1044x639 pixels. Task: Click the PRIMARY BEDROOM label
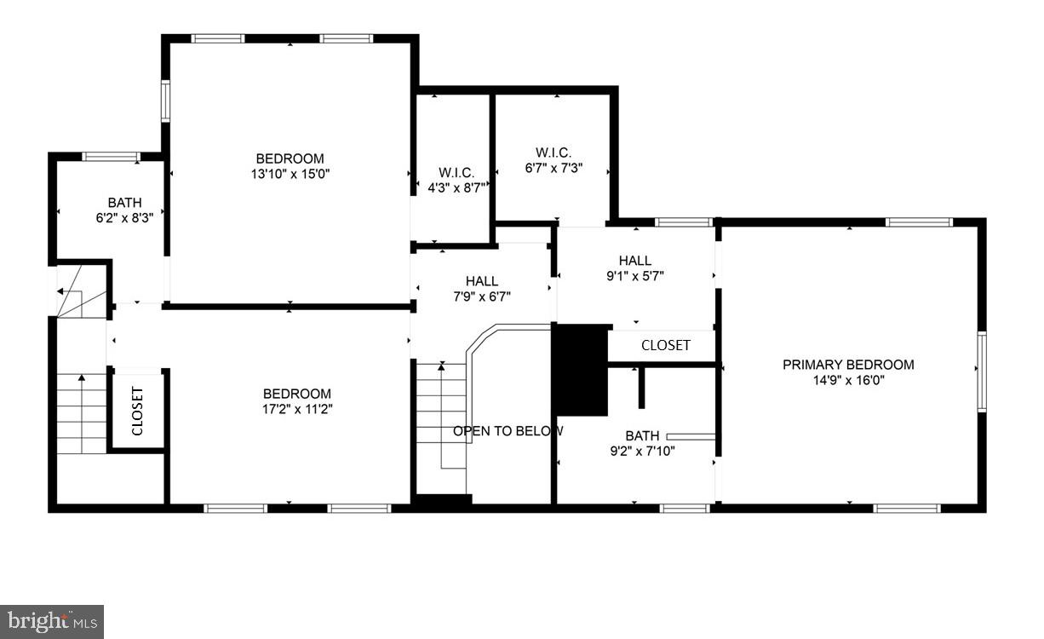(x=848, y=365)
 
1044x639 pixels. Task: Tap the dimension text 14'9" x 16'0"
(x=848, y=381)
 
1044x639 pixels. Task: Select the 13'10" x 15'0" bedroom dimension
(x=290, y=174)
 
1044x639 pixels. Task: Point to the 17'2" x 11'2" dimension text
(x=296, y=409)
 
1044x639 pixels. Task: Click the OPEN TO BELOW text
(x=508, y=431)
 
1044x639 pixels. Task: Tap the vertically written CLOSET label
(x=137, y=411)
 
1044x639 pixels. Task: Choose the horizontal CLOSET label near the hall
(x=665, y=346)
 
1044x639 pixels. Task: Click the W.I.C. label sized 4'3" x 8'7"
(x=456, y=172)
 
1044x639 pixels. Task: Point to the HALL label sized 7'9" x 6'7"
(x=482, y=281)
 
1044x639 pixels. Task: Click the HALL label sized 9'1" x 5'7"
(x=635, y=261)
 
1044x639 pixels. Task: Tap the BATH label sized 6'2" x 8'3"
(x=124, y=203)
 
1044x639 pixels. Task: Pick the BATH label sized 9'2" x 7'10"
(x=642, y=435)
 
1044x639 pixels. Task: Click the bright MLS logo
(x=51, y=621)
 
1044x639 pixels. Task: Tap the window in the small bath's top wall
(x=111, y=156)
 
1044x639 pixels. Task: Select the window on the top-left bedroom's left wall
(x=165, y=101)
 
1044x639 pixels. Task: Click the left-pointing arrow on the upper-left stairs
(x=61, y=291)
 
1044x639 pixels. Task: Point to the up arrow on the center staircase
(x=441, y=367)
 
